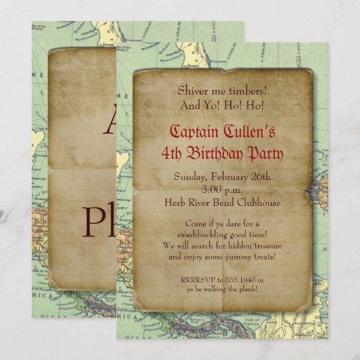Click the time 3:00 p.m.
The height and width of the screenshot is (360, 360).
222,190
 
